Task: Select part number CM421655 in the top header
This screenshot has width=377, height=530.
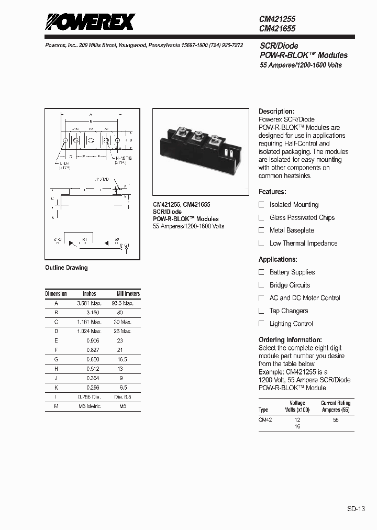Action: pyautogui.click(x=278, y=29)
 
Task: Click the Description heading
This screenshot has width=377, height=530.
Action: pyautogui.click(x=276, y=112)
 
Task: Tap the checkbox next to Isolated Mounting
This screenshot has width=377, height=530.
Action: pyautogui.click(x=262, y=205)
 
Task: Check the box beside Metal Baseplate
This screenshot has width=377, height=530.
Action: pyautogui.click(x=262, y=230)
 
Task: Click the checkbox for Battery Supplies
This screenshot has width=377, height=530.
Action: pyautogui.click(x=262, y=272)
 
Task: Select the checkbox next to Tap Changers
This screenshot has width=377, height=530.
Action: pyautogui.click(x=262, y=311)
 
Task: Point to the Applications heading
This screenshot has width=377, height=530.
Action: pyautogui.click(x=278, y=259)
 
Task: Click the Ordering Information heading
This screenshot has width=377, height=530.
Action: pyautogui.click(x=290, y=340)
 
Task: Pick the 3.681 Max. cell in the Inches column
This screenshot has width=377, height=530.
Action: pyautogui.click(x=89, y=303)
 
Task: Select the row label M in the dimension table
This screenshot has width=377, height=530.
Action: pyautogui.click(x=56, y=406)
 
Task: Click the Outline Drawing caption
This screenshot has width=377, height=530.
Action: pyautogui.click(x=66, y=268)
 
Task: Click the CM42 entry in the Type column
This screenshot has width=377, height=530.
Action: pyautogui.click(x=265, y=419)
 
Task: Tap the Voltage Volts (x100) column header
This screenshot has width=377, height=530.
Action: pyautogui.click(x=297, y=406)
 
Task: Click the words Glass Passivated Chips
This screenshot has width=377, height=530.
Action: pyautogui.click(x=302, y=217)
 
